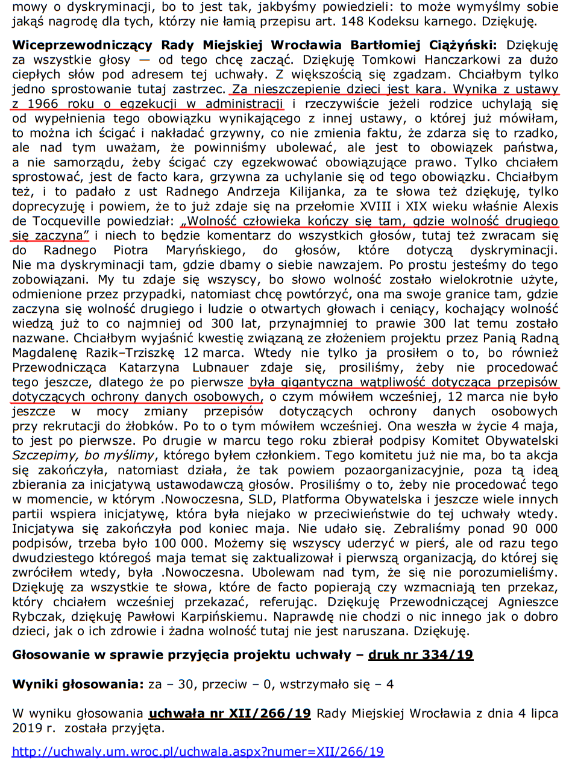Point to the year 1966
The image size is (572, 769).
(x=46, y=103)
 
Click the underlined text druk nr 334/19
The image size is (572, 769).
(x=421, y=655)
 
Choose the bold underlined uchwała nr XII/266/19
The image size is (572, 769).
(x=230, y=714)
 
